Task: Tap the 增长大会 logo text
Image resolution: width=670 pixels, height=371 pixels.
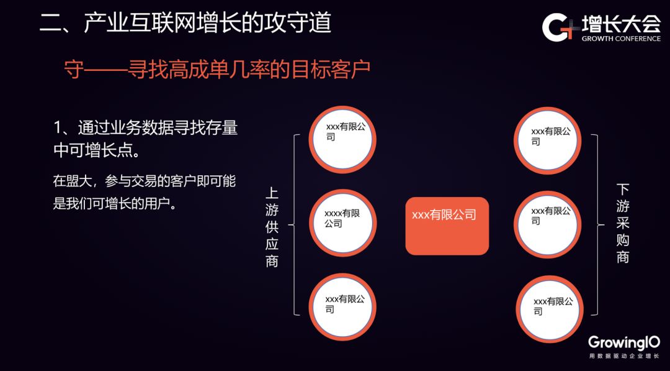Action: point(621,24)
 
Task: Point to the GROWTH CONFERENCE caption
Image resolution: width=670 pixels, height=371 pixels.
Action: point(621,39)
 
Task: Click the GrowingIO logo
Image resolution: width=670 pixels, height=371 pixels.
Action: point(623,342)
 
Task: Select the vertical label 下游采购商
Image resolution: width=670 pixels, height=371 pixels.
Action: point(623,222)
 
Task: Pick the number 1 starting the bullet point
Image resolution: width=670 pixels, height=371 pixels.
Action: point(58,129)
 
